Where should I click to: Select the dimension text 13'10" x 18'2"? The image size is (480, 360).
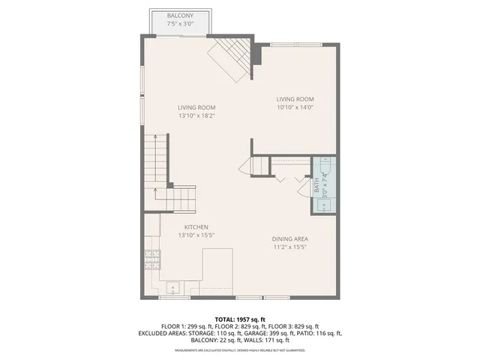(196, 116)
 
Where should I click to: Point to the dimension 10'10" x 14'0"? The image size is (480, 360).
(295, 108)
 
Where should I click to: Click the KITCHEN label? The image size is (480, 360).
(196, 227)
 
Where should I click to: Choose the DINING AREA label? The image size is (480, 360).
(290, 239)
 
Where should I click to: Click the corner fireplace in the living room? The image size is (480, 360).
(228, 60)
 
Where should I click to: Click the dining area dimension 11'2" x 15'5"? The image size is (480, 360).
(290, 247)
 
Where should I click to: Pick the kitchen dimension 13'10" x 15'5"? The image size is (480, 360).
(196, 235)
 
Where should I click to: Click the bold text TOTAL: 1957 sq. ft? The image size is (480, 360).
(241, 319)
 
